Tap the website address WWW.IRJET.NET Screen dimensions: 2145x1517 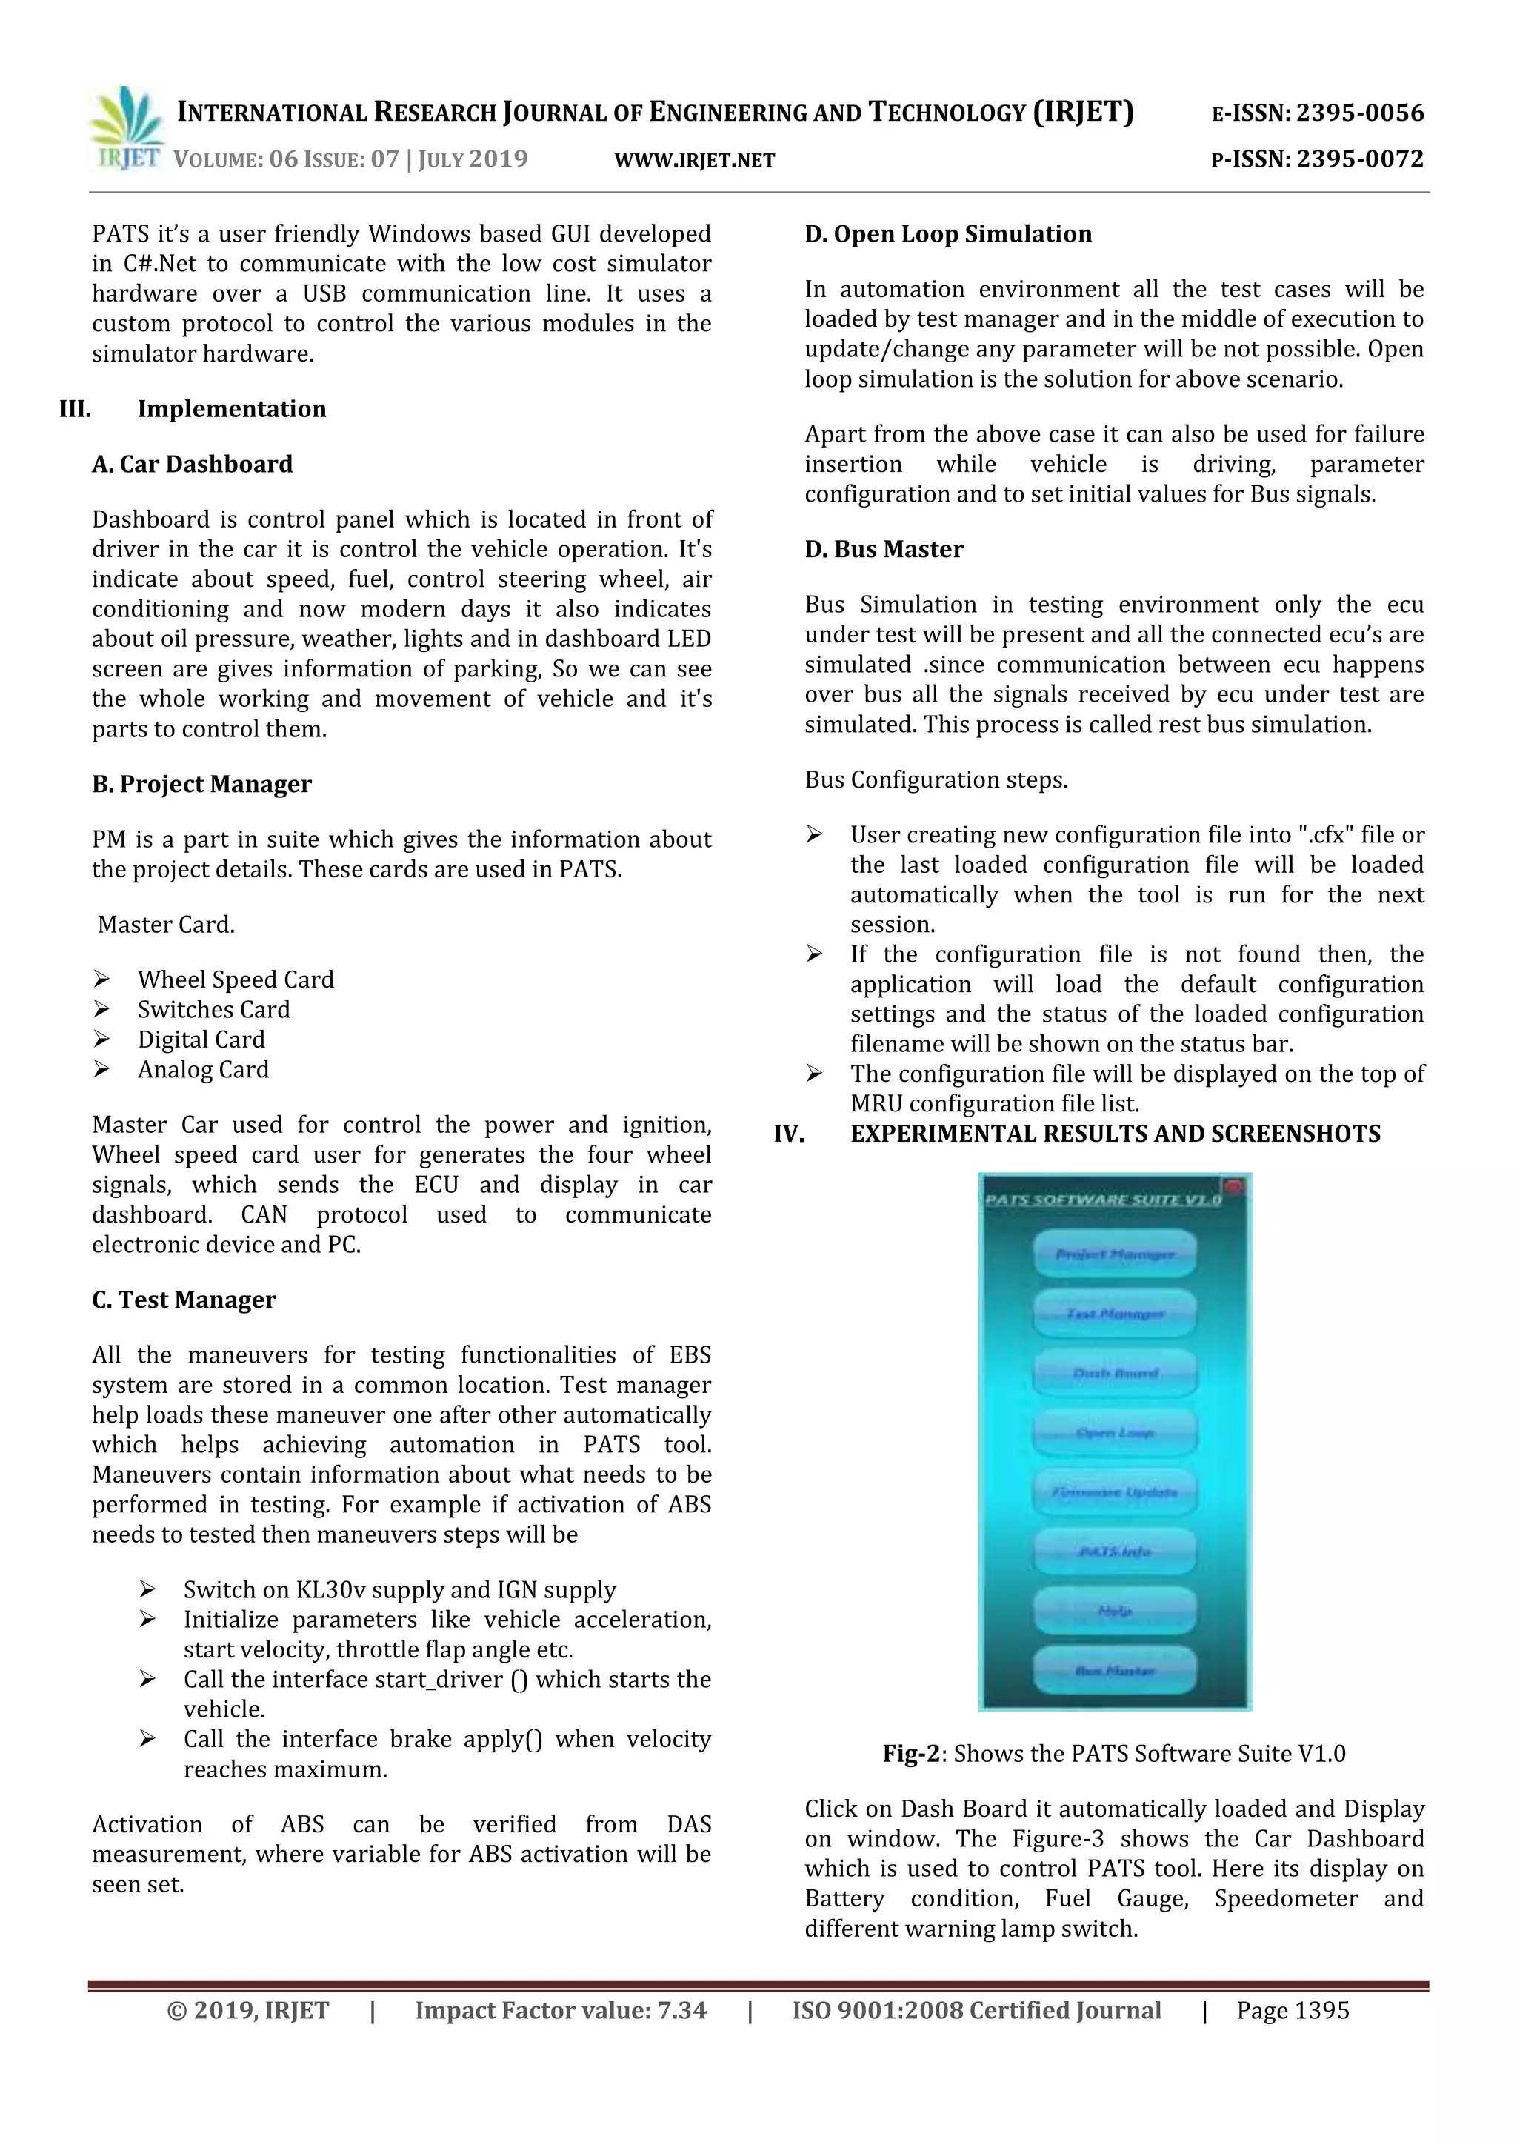click(694, 161)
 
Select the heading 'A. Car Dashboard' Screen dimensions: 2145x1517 click(193, 465)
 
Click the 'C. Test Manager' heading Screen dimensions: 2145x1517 click(184, 1300)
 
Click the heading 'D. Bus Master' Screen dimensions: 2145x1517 click(884, 549)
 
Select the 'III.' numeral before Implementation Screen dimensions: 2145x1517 click(75, 409)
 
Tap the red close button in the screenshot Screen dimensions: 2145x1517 click(1234, 1186)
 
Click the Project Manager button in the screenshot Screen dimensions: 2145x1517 click(1114, 1254)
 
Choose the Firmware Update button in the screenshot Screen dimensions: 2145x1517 click(1114, 1492)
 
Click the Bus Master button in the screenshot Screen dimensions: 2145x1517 click(1114, 1670)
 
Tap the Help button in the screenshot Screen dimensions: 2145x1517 click(1114, 1611)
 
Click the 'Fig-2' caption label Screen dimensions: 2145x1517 click(911, 1754)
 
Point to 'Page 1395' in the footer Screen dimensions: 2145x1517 click(1293, 2010)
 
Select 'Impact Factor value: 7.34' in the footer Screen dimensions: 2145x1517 click(561, 2010)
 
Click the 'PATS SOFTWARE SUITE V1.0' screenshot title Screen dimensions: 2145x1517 click(1102, 1200)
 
